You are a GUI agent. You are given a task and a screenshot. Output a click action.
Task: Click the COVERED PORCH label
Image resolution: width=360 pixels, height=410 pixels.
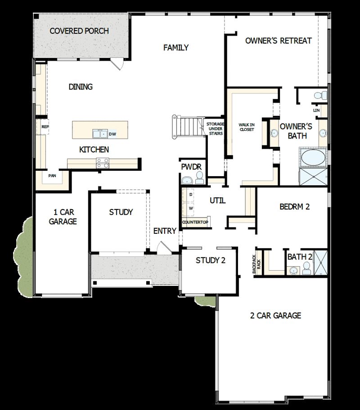(79, 31)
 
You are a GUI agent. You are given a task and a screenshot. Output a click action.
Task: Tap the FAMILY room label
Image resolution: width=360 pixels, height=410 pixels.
(176, 48)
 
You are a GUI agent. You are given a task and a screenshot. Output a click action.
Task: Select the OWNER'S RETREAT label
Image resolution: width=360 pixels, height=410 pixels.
(279, 41)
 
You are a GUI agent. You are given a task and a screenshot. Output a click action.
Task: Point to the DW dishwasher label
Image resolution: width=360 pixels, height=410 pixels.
(112, 134)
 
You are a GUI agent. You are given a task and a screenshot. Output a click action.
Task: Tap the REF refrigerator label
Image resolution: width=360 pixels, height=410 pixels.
(45, 127)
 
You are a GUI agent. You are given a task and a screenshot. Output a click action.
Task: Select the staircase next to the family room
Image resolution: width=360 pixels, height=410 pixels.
(187, 126)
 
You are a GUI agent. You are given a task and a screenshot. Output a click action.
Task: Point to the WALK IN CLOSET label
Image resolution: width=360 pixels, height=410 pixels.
(246, 127)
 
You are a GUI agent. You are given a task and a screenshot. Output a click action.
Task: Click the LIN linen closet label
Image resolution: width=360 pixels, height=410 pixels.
(316, 110)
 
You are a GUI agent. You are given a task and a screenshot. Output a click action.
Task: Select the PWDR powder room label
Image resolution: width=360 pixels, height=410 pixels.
(191, 167)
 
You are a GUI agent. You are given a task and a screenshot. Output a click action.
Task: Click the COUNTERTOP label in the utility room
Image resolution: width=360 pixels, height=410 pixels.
(195, 222)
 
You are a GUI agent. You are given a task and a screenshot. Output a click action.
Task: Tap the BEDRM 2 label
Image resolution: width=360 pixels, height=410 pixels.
(295, 207)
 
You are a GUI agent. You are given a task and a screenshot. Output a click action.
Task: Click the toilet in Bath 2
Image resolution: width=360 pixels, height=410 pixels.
(307, 268)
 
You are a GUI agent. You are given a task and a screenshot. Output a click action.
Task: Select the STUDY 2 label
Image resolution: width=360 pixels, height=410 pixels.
(210, 260)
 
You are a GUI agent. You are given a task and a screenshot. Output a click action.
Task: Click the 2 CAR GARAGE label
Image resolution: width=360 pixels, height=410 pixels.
(275, 316)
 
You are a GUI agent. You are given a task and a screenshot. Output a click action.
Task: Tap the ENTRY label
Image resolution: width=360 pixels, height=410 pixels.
(165, 231)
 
